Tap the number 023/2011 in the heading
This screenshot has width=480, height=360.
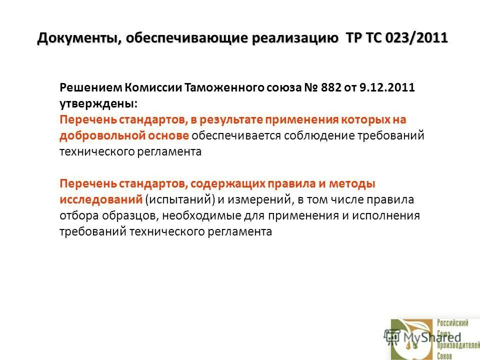point(419,38)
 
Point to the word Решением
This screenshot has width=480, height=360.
point(90,88)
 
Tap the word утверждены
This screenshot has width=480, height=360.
point(97,104)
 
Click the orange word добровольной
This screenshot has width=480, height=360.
point(97,136)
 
